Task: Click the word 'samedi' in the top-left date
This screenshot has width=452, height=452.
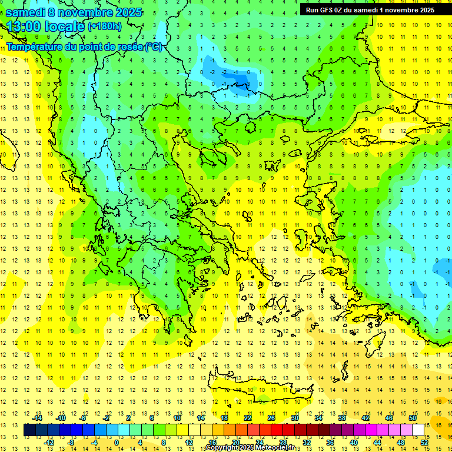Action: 26,12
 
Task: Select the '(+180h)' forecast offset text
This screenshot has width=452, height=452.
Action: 105,26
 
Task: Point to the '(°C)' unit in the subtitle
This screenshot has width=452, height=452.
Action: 154,47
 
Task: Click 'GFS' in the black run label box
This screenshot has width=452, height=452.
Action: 328,10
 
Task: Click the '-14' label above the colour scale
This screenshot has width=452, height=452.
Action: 38,417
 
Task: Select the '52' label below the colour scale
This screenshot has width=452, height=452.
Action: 424,442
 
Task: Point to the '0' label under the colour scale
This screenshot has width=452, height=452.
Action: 116,442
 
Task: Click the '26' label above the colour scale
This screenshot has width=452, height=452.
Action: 271,417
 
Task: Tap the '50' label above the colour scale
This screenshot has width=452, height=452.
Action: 412,417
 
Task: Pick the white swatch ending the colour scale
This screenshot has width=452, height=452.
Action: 418,430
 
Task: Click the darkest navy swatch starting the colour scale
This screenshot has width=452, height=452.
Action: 29,430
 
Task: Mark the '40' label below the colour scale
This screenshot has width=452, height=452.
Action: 353,442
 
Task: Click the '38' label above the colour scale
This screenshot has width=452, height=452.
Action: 342,417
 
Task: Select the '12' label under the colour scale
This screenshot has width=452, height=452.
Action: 189,442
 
